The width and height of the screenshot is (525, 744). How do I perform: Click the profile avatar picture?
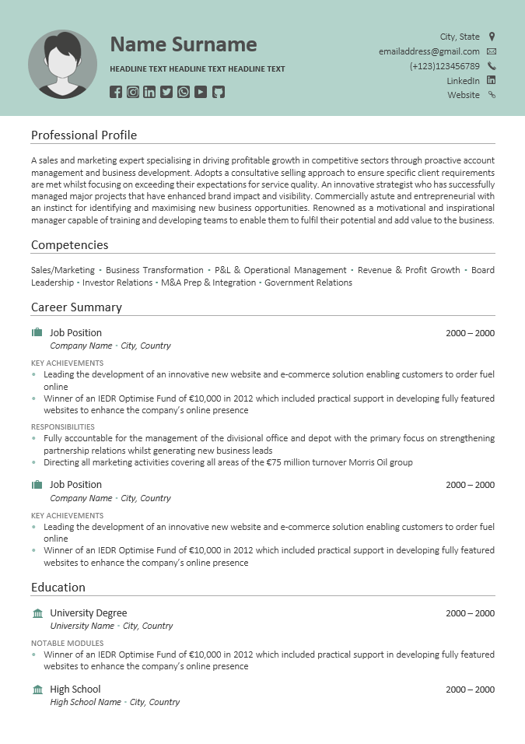62,64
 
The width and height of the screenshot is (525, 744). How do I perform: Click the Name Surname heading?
183,44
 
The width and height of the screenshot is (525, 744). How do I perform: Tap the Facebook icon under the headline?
116,92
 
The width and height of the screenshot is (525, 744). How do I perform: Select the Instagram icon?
133,92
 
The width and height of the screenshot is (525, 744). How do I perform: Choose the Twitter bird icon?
166,92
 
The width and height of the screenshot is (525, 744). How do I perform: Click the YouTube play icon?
201,92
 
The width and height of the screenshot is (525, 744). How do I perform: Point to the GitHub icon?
219,92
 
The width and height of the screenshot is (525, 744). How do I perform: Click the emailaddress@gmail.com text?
429,51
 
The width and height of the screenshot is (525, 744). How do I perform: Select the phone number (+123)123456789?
444,66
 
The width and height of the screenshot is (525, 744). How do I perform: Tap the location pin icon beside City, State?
492,37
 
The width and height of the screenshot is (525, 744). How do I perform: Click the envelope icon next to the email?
492,51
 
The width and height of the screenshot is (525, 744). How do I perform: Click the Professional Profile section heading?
84,135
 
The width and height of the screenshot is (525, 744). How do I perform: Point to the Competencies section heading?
69,245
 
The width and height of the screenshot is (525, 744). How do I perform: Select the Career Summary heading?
76,307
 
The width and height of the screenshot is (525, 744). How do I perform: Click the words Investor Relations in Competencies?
117,283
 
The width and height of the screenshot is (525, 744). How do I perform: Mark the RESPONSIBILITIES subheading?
63,426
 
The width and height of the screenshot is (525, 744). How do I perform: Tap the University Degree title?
88,613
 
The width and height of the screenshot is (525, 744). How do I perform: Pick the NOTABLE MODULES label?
67,643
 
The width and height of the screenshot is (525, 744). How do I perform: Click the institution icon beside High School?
37,690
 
